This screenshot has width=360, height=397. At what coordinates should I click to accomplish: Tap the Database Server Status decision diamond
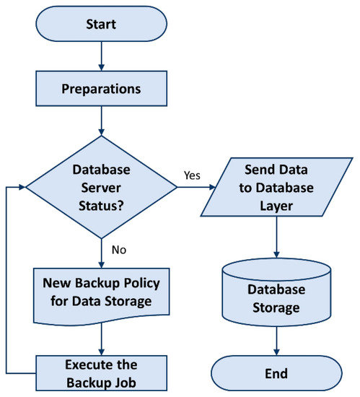pyautogui.click(x=101, y=186)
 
